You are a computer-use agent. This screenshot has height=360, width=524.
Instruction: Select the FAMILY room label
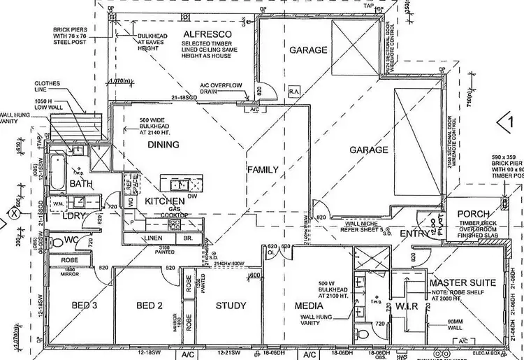coord(262,169)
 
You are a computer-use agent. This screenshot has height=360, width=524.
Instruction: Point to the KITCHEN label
coord(164,201)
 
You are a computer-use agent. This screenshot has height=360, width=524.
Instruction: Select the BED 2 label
coord(149,305)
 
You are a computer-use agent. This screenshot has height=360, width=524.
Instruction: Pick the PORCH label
coord(472,214)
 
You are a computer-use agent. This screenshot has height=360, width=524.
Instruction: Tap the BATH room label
coord(81,184)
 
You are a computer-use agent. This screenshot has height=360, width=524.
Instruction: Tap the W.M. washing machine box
coord(58,203)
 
